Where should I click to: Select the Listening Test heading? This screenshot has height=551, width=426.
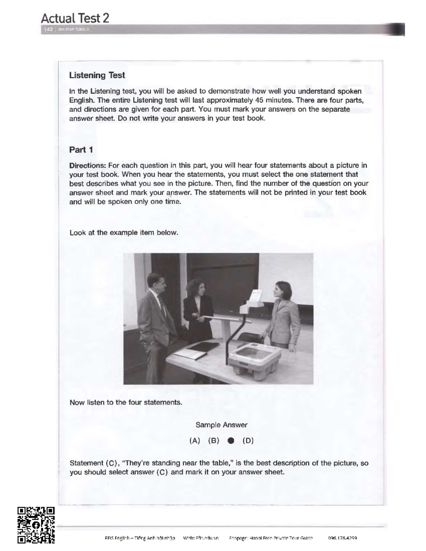coord(97,75)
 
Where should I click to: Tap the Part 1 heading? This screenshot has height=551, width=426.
coord(81,150)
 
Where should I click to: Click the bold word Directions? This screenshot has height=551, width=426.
coord(88,165)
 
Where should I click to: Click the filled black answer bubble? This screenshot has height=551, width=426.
coord(231,441)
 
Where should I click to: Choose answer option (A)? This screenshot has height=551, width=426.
coord(195,441)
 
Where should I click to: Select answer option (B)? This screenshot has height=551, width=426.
coord(214,441)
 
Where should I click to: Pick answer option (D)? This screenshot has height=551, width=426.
coord(248,441)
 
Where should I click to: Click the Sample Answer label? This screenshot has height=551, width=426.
coord(221,425)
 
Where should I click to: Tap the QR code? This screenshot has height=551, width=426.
coord(36,525)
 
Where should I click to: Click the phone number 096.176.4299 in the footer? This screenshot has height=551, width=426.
coord(343,538)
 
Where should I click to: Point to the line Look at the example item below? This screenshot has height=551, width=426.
coord(124,233)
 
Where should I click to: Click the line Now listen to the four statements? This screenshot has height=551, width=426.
coord(126,402)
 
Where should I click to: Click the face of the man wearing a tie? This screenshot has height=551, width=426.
coord(157,284)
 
